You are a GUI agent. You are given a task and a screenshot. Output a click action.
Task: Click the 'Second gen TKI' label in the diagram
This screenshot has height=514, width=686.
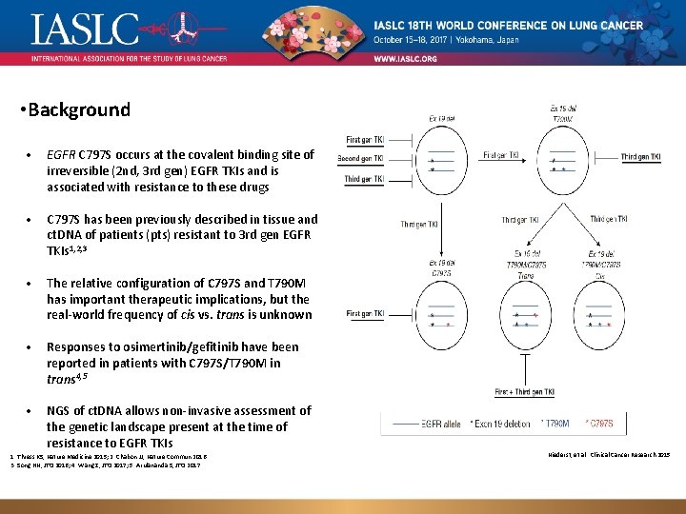pos(365,159)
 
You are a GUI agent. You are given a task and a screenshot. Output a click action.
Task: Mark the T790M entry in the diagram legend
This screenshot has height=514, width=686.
pos(557,422)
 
